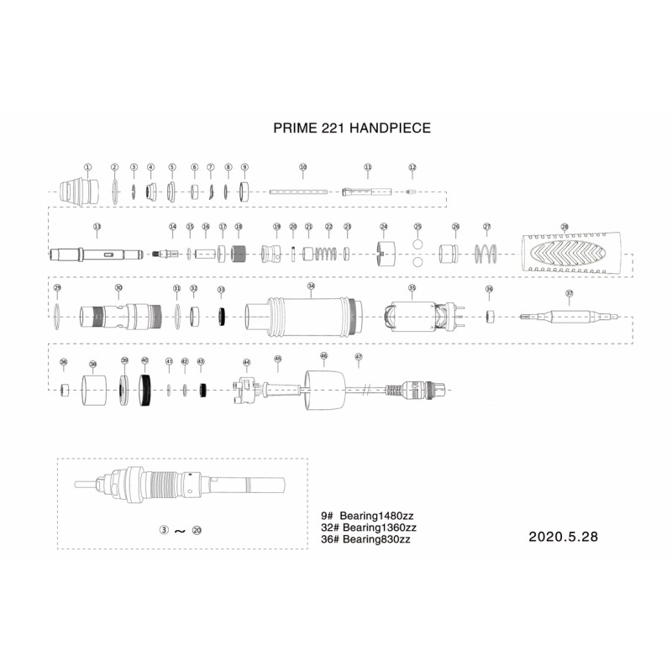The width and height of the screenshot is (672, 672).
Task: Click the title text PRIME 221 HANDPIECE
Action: click(352, 129)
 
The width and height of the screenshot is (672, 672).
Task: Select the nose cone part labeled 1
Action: click(78, 192)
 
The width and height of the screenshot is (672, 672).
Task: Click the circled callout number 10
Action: click(303, 167)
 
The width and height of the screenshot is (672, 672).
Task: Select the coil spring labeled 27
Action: click(486, 253)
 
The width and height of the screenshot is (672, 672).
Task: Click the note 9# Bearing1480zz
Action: click(368, 516)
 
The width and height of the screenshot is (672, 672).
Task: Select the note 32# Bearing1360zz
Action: click(369, 528)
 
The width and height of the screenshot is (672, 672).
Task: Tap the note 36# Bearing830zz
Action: click(365, 539)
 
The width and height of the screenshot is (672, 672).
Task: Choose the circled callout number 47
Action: click(359, 357)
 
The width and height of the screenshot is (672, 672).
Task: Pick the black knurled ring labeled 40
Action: click(145, 391)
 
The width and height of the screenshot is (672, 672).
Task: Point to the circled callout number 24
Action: click(384, 227)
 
